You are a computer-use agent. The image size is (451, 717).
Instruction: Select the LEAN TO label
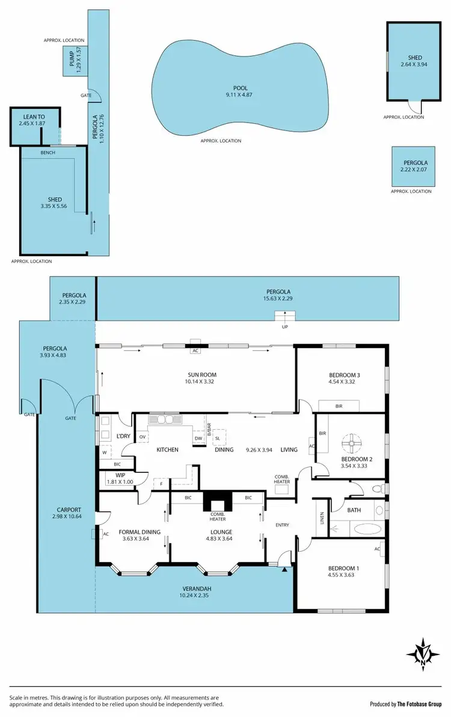click(34, 117)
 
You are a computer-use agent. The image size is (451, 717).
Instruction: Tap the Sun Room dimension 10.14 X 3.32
click(201, 381)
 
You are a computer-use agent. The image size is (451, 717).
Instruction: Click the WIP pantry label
click(120, 475)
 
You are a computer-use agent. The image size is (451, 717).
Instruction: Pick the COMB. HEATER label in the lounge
click(217, 516)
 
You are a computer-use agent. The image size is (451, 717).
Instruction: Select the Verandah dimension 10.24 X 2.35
click(194, 595)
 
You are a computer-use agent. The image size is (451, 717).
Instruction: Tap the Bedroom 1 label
click(343, 569)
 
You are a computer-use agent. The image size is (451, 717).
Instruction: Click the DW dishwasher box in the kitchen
click(198, 439)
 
